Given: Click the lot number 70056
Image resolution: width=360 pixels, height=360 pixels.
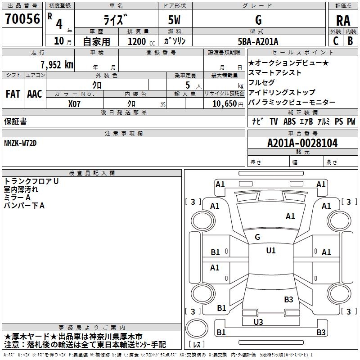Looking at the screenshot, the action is point(22,19).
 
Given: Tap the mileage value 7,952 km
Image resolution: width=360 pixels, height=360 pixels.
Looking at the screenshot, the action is point(57,65).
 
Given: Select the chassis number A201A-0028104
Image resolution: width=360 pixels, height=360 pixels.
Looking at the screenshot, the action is point(302,143).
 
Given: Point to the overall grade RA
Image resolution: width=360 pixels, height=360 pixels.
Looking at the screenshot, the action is point(343,21).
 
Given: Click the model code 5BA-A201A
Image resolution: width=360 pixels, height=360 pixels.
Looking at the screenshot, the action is point(258,41).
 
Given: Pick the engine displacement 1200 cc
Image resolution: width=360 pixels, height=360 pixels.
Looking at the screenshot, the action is point(141,41).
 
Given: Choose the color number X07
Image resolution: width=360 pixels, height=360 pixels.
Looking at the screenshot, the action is point(74,104).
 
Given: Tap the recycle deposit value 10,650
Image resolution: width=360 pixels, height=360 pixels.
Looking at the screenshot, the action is point(225,104).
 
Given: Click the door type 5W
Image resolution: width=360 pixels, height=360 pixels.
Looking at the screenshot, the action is point(174,20).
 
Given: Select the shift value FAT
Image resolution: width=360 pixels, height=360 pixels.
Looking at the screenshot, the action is point(13,94).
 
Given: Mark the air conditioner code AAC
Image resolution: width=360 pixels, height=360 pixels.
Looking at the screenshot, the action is point(35,94).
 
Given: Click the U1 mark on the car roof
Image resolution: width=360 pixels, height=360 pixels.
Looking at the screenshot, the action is point(271,251).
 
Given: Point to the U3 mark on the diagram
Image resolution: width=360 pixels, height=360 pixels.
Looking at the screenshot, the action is point(258,322).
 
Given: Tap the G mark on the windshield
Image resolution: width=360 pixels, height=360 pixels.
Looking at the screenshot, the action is point(257,237).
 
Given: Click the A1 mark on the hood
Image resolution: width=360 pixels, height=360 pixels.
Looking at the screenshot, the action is point(290,216).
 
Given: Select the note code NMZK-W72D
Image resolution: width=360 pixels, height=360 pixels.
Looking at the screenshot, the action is point(20,143).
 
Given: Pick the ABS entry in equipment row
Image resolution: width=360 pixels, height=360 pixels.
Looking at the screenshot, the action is point(289,121).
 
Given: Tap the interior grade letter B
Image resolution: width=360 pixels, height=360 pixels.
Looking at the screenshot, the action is point(351,41).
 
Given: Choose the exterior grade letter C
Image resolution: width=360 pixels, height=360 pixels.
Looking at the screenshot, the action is point(336,41).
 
